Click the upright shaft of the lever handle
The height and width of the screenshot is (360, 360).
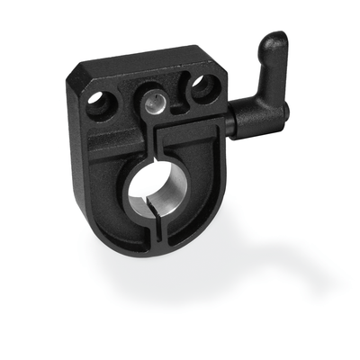(265, 67)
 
